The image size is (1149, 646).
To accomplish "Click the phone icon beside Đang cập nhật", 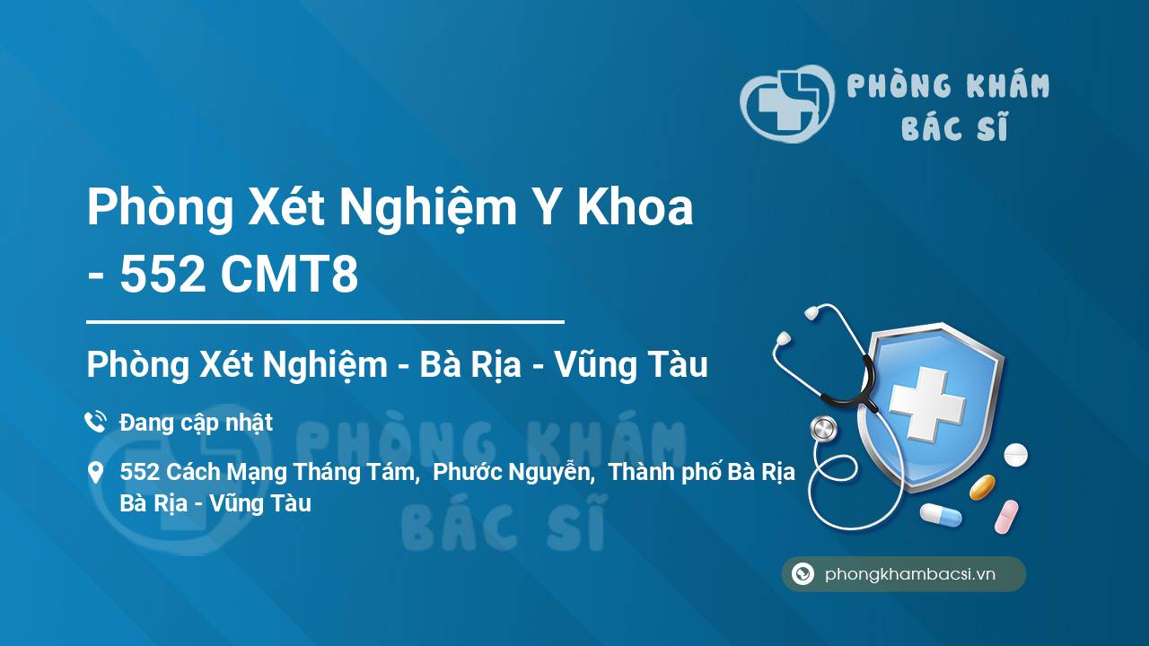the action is (x=95, y=422).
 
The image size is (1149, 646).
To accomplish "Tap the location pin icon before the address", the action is (x=95, y=473).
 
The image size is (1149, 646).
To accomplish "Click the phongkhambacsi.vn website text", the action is (x=910, y=574).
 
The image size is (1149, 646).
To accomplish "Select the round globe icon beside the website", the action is (x=803, y=573).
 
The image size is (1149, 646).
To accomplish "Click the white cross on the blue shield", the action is (x=927, y=404).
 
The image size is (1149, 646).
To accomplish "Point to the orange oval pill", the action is (x=982, y=487).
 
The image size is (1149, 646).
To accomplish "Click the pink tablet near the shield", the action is (x=1006, y=516).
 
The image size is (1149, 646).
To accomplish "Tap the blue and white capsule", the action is (x=941, y=515).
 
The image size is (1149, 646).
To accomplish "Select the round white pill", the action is (x=1015, y=455).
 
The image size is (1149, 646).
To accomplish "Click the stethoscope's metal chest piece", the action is (x=824, y=429).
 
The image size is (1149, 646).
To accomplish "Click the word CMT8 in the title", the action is (x=290, y=275).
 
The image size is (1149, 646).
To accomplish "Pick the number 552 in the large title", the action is (x=162, y=275).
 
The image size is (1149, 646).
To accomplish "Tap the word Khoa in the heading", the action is (x=636, y=207).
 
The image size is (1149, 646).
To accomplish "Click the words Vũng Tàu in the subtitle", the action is (x=631, y=364).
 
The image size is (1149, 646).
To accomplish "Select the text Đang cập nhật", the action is (x=196, y=423).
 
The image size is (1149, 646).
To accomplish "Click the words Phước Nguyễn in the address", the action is (x=512, y=472).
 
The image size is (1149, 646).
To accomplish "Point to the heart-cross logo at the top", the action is (x=787, y=103).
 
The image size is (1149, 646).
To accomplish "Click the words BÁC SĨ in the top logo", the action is (x=954, y=127).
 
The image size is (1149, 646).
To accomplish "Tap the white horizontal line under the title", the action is (x=325, y=322).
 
